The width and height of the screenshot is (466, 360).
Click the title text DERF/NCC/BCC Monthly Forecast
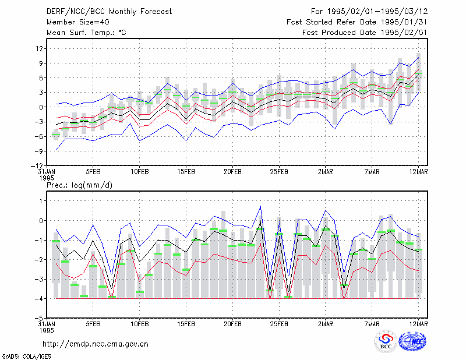click(x=109, y=12)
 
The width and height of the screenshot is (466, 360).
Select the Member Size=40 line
click(x=78, y=22)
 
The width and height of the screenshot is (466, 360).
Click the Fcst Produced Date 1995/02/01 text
click(x=365, y=33)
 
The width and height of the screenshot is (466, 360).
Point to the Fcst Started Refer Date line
click(x=357, y=22)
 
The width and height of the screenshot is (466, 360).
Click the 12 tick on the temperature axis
click(x=40, y=48)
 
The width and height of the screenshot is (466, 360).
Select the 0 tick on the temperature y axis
click(x=41, y=107)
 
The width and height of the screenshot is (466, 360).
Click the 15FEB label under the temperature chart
click(x=186, y=172)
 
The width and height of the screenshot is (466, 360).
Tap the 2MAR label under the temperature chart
click(x=326, y=172)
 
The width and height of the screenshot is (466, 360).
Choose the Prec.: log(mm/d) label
click(x=79, y=185)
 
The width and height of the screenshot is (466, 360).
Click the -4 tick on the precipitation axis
click(x=39, y=298)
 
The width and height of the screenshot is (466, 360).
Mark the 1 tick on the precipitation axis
click(x=41, y=201)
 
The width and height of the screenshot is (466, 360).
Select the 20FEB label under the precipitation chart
click(x=232, y=324)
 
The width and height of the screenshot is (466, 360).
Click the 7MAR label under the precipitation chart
click(x=372, y=324)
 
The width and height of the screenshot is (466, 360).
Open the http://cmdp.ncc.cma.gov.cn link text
click(x=96, y=344)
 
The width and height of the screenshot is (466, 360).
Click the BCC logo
click(x=386, y=341)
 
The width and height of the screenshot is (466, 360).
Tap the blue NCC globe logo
click(x=412, y=341)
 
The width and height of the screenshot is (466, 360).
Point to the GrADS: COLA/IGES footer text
click(x=26, y=357)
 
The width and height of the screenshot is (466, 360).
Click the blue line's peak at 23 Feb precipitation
click(x=260, y=206)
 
